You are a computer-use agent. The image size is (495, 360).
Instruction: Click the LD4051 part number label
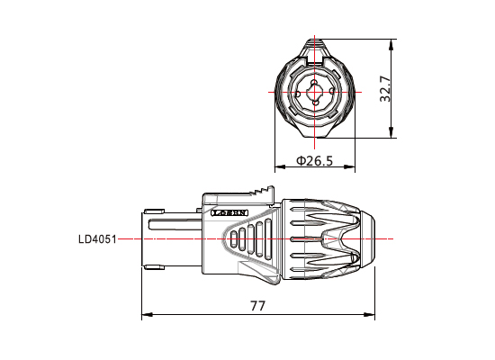click(97, 238)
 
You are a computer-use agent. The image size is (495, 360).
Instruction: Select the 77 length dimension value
click(257, 306)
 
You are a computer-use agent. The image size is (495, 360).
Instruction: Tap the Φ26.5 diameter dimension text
click(315, 161)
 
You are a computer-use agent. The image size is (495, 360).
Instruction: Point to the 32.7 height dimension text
click(386, 89)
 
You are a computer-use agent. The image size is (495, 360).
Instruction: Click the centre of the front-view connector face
click(315, 92)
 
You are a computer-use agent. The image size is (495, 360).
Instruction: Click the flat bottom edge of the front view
click(315, 137)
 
